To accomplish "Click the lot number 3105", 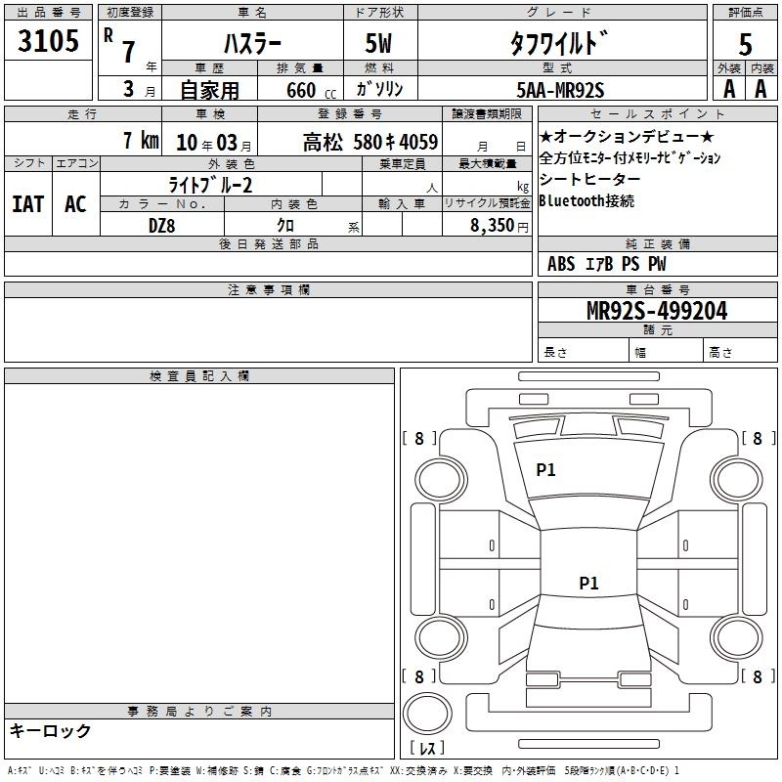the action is [x=48, y=40].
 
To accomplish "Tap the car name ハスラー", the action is [x=252, y=43].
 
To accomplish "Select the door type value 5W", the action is [x=378, y=43].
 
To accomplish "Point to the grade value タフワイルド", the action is [x=559, y=43].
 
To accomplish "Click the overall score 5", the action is [x=745, y=45].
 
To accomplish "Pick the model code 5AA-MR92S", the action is [x=560, y=90].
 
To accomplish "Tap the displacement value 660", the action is [x=301, y=90].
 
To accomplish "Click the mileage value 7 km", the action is [x=141, y=140].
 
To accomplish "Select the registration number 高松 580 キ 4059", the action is [x=370, y=143].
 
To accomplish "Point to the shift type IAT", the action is [x=28, y=204].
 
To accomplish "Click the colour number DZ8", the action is [x=162, y=226].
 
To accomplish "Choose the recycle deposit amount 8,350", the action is [x=493, y=225].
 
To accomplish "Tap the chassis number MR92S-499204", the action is [x=657, y=311].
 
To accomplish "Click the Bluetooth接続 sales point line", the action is [x=586, y=201].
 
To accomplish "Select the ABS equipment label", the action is [x=561, y=264].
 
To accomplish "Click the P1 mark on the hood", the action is [x=545, y=470].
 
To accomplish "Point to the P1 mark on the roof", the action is [x=589, y=583].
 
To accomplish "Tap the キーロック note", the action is [x=51, y=730].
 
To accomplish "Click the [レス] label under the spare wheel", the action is [x=427, y=748].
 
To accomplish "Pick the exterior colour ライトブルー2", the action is [x=210, y=185].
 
